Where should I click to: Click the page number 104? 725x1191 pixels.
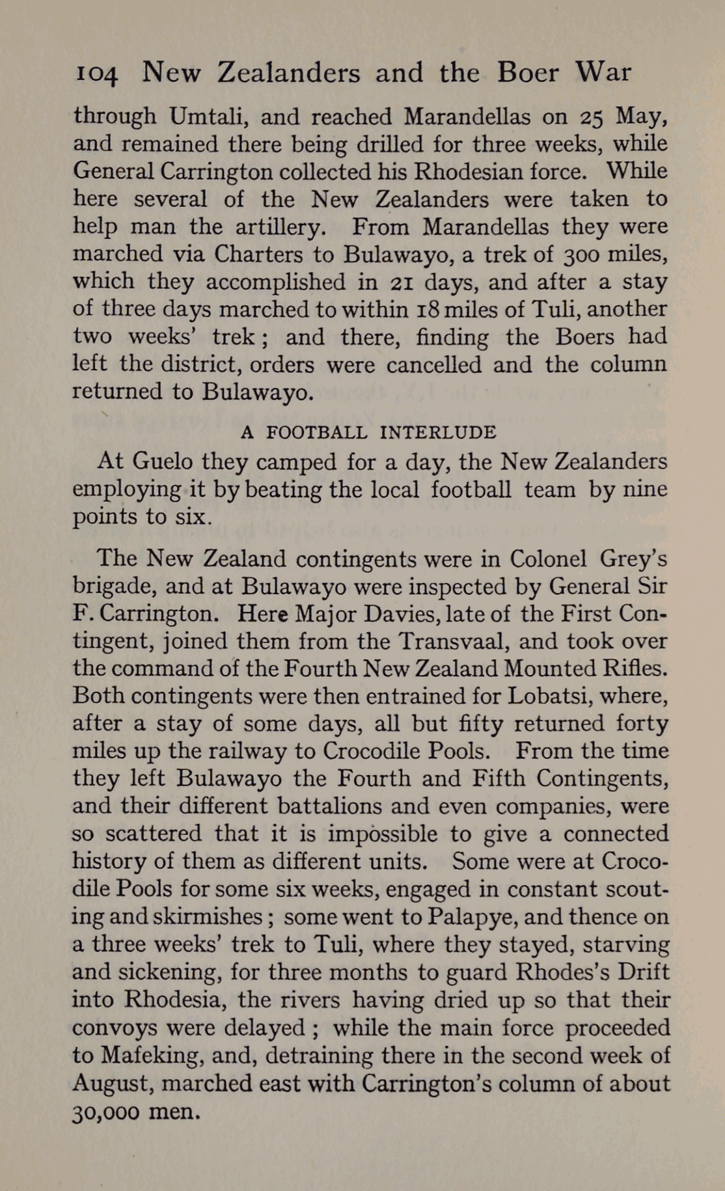click(x=96, y=74)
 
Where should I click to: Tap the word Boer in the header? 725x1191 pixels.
click(x=527, y=72)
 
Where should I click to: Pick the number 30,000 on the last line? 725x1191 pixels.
click(x=105, y=1111)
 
